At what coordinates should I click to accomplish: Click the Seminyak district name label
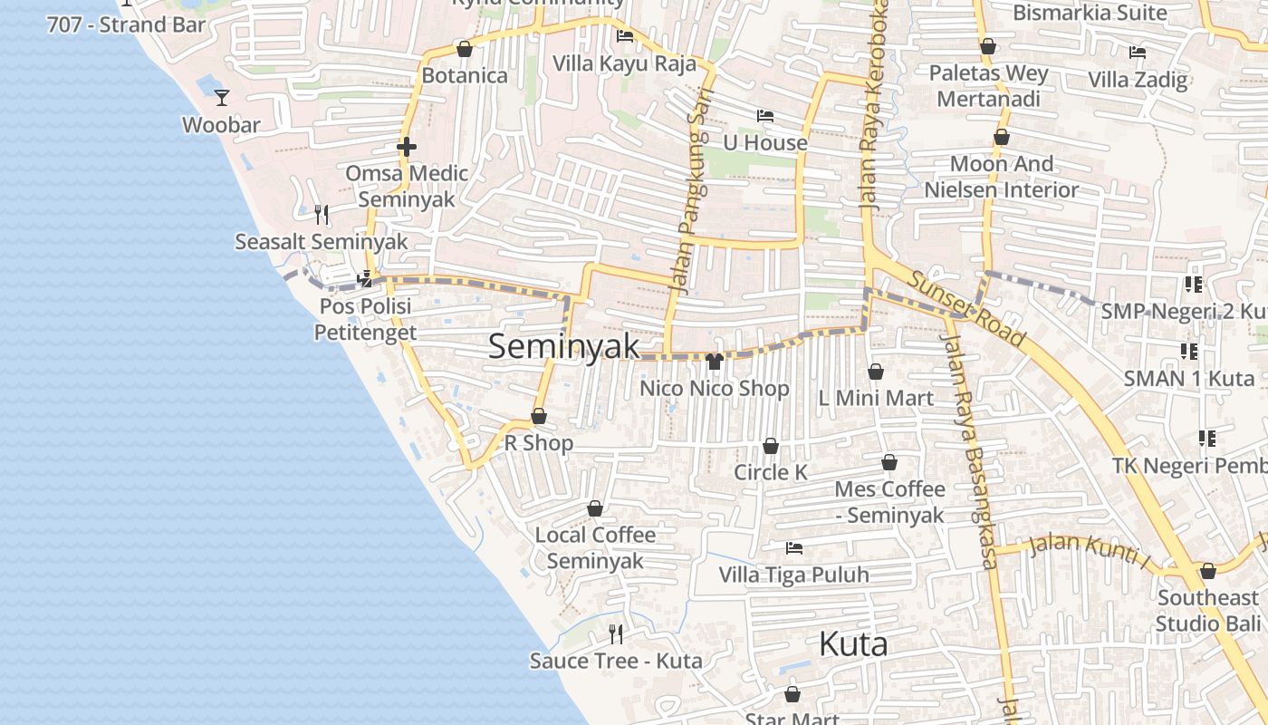pyautogui.click(x=563, y=346)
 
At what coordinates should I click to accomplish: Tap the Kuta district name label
pyautogui.click(x=852, y=644)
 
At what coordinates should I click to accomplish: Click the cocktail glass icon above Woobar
pyautogui.click(x=222, y=97)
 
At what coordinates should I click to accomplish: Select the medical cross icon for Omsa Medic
pyautogui.click(x=407, y=146)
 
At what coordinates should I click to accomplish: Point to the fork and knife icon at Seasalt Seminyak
pyautogui.click(x=322, y=214)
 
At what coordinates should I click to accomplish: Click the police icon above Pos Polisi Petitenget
pyautogui.click(x=365, y=278)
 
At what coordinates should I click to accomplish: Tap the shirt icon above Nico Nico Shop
pyautogui.click(x=714, y=362)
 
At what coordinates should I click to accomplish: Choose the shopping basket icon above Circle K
pyautogui.click(x=771, y=446)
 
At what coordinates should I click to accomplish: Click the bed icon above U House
pyautogui.click(x=765, y=116)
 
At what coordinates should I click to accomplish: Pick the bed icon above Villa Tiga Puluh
pyautogui.click(x=794, y=547)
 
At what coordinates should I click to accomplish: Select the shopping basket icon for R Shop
pyautogui.click(x=539, y=416)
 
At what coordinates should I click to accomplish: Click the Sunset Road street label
pyautogui.click(x=967, y=308)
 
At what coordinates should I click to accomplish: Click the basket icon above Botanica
pyautogui.click(x=465, y=49)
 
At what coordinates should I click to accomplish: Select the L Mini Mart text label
pyautogui.click(x=875, y=398)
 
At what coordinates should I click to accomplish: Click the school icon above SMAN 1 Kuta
pyautogui.click(x=1189, y=351)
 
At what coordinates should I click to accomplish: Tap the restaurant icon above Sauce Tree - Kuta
pyautogui.click(x=616, y=633)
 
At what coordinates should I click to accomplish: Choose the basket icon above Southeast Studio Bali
pyautogui.click(x=1207, y=571)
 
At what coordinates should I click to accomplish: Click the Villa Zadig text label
pyautogui.click(x=1138, y=79)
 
